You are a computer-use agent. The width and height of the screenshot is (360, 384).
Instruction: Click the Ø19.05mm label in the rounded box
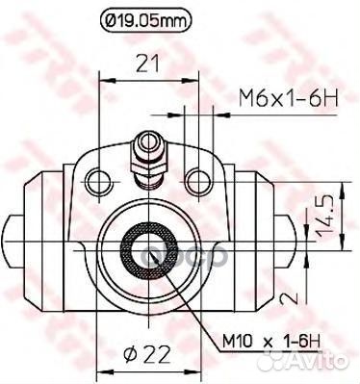tap(146, 20)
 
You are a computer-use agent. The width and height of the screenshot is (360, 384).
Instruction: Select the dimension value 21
tap(147, 64)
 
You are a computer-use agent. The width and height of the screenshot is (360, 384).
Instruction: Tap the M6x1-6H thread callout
tap(289, 98)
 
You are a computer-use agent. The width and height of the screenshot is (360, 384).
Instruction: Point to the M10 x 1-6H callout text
tap(271, 342)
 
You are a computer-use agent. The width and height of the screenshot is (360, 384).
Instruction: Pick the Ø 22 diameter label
tap(146, 354)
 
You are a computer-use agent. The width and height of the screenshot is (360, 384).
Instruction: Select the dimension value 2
tap(289, 298)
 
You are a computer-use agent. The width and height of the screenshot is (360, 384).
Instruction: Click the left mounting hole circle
tap(99, 182)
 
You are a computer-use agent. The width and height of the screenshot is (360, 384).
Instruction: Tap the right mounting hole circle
tap(199, 182)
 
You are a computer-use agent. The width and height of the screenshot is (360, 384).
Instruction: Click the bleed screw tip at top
tap(149, 141)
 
